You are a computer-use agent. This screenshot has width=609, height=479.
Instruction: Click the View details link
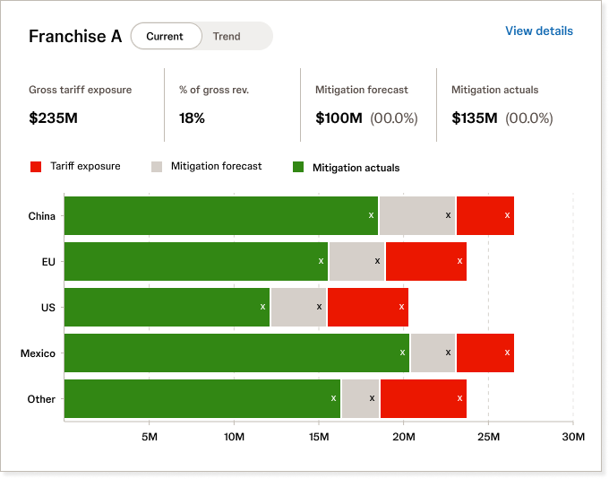coord(539,30)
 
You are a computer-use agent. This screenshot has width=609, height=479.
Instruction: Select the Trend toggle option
coord(227,36)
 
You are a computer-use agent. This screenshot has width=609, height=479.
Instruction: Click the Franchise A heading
coord(75,36)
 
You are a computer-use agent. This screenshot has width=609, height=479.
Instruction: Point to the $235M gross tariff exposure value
coord(53,118)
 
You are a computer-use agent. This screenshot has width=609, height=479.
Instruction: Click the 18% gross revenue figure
coord(192,118)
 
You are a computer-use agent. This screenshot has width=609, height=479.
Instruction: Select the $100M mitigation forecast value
coord(339,118)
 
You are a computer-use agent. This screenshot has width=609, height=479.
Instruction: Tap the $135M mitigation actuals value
coord(475,118)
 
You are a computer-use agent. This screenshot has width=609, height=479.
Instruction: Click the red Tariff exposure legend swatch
coord(36,167)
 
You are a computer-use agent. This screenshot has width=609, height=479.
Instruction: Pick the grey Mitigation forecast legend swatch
coord(157,167)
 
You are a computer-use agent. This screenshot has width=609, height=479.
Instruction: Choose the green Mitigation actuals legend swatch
coord(298,167)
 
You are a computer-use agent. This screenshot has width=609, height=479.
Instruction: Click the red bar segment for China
coord(485,215)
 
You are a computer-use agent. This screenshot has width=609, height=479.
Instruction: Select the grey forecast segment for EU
coord(356,261)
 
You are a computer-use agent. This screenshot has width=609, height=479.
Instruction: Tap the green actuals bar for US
coord(167,307)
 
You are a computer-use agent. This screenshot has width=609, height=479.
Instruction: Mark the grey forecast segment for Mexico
coord(433,353)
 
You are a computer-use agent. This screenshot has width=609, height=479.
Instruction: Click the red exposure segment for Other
coord(424,398)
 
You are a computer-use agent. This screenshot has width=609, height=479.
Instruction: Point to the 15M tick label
coord(319,437)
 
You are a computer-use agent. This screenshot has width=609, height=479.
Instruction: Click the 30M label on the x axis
coord(573,437)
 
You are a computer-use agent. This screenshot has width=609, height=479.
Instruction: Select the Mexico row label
coord(38,353)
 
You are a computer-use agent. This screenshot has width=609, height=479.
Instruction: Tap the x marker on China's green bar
coord(371,215)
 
